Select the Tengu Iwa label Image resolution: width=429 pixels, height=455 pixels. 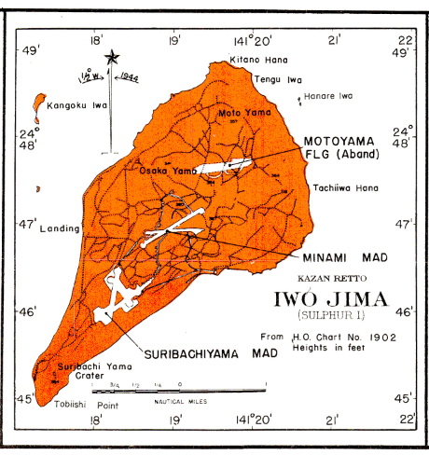click(274, 80)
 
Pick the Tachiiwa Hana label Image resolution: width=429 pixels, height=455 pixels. click(335, 185)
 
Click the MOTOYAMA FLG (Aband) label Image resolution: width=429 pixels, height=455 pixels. click(341, 146)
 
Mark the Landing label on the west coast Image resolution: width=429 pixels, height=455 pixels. click(59, 227)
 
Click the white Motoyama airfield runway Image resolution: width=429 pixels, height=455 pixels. click(224, 165)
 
